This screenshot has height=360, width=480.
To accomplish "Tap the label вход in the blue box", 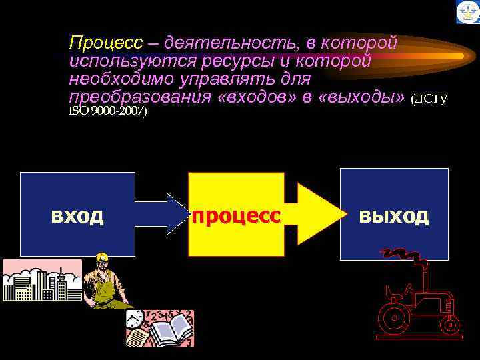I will pyautogui.click(x=77, y=216).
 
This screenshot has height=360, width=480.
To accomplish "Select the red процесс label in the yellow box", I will pyautogui.click(x=236, y=216).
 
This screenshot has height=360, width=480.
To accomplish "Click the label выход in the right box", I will pyautogui.click(x=393, y=215).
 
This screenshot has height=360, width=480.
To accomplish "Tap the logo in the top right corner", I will pyautogui.click(x=467, y=12).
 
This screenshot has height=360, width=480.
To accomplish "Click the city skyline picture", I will pyautogui.click(x=41, y=280).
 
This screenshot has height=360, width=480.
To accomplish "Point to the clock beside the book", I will pyautogui.click(x=135, y=318).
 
